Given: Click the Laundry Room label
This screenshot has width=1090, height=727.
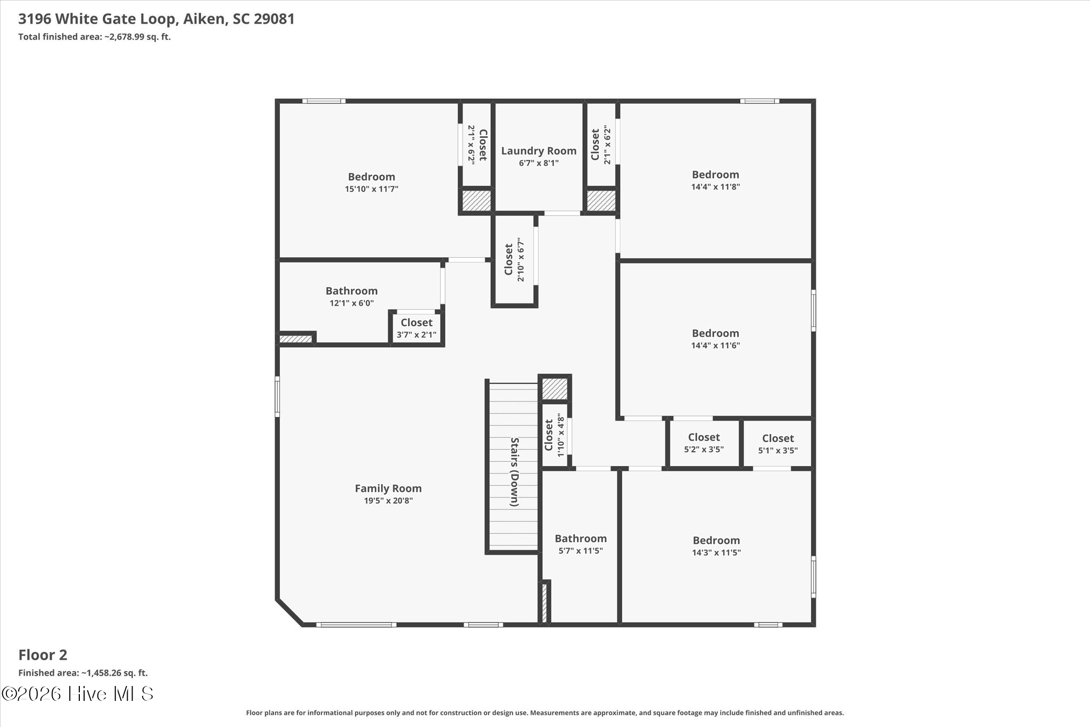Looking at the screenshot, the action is tap(539, 151).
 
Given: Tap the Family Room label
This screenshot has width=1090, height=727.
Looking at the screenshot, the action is tap(388, 488).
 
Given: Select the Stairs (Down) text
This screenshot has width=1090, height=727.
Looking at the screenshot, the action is tap(515, 472).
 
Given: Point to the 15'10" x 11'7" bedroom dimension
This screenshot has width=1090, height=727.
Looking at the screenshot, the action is tap(371, 189).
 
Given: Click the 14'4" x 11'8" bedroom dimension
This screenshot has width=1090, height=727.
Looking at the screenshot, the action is tap(715, 187).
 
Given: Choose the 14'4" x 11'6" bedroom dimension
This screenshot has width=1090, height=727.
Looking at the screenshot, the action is tap(715, 346).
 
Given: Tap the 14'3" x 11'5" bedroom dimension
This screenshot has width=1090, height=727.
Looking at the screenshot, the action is tap(716, 553).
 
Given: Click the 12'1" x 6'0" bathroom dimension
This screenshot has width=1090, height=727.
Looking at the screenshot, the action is tap(351, 304).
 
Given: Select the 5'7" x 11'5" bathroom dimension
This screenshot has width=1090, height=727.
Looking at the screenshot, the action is tap(580, 551).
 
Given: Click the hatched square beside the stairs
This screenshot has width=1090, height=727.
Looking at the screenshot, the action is tap(555, 389).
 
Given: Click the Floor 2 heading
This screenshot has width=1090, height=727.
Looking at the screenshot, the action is tap(43, 655).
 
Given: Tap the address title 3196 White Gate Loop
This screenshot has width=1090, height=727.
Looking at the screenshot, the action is tap(97, 19).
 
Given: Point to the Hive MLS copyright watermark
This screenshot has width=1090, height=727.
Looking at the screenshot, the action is tap(78, 693).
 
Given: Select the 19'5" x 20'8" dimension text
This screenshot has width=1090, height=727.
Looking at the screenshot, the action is tap(388, 501).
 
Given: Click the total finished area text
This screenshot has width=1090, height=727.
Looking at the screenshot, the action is tap(94, 37).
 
